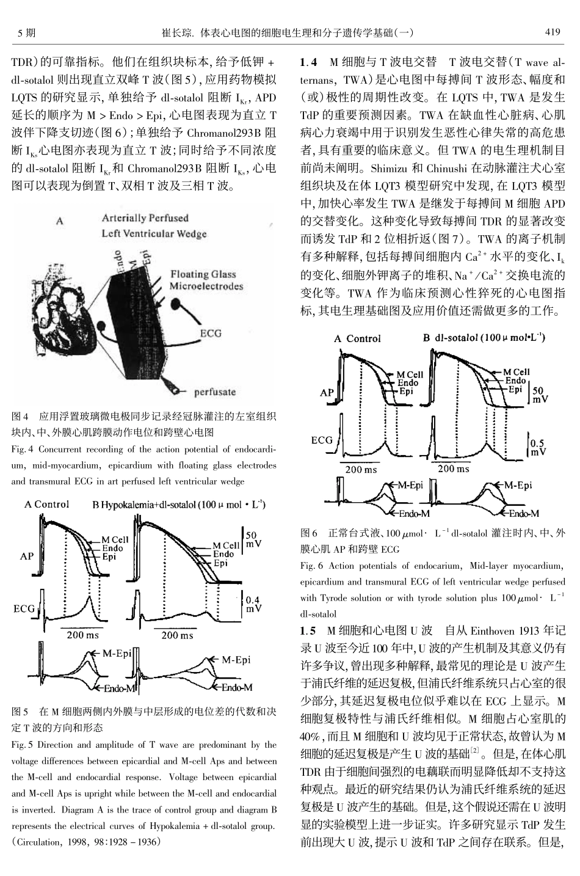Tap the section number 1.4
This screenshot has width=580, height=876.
click(x=309, y=62)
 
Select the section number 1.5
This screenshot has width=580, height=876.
click(x=309, y=630)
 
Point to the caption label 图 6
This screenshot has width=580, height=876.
click(x=310, y=533)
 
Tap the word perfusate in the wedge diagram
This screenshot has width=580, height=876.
click(x=215, y=392)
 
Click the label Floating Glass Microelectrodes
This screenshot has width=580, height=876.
click(x=206, y=280)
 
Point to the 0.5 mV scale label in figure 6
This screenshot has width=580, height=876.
click(x=538, y=447)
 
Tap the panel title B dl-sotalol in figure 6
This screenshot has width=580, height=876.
click(x=485, y=338)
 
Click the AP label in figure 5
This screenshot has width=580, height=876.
click(x=27, y=556)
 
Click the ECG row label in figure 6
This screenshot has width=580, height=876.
click(x=322, y=440)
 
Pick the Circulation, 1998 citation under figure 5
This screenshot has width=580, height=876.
click(x=86, y=841)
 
